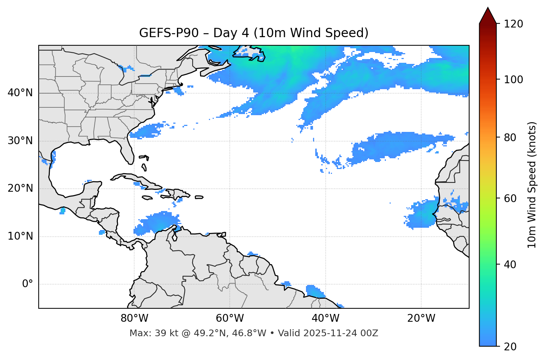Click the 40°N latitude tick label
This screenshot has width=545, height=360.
click(x=20, y=93)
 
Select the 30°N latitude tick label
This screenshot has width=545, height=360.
click(x=20, y=141)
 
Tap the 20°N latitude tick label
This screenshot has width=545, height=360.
click(x=20, y=188)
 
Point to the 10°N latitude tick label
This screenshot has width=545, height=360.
click(x=20, y=236)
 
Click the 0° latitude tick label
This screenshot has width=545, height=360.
click(x=28, y=284)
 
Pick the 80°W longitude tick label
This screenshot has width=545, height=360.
click(x=134, y=318)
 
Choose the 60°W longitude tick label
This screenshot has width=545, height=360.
click(x=230, y=318)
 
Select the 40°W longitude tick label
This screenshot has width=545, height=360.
click(x=325, y=318)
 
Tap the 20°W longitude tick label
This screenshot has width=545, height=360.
click(x=421, y=318)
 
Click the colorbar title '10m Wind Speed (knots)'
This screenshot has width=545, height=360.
click(x=532, y=185)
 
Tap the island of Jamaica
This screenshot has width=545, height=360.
click(x=147, y=198)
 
